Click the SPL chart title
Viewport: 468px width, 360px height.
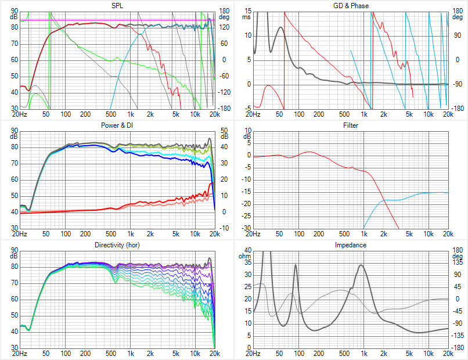pos(117,5)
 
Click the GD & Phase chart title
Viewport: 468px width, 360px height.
pos(351,5)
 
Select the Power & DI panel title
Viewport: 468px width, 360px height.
pos(117,125)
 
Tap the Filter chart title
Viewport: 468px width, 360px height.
pos(351,125)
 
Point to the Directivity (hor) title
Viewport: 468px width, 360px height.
pos(117,245)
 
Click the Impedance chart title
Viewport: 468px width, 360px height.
pos(351,245)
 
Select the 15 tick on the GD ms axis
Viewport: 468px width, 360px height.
pos(247,11)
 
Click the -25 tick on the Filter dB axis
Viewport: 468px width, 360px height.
pos(246,216)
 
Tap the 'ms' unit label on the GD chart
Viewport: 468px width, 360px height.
pos(247,17)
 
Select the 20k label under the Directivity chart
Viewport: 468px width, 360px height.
pos(215,353)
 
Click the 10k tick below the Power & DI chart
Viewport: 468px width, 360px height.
pos(195,233)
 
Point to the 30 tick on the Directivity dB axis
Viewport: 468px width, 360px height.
pos(14,347)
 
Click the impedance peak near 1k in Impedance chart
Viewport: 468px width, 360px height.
pos(361,265)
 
